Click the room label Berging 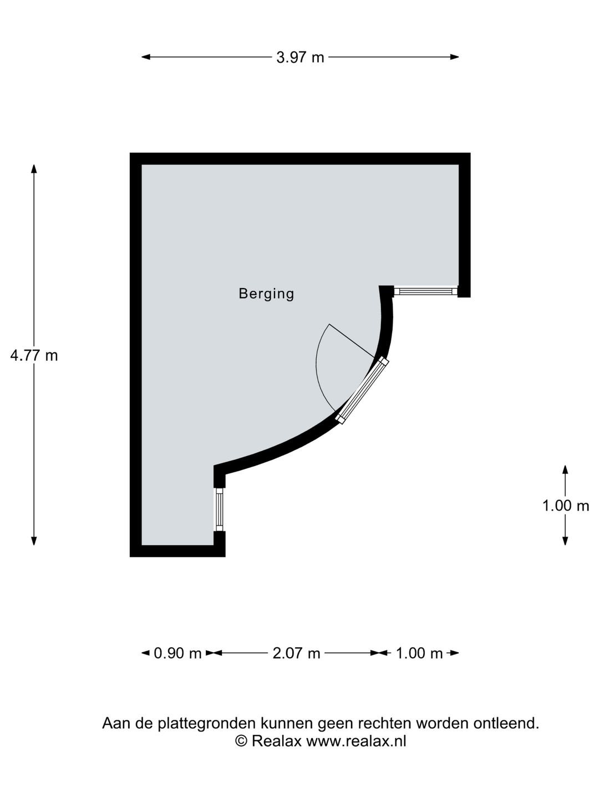tap(266, 294)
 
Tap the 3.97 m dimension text tap(300, 58)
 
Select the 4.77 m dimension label tap(34, 355)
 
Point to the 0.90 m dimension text tap(177, 653)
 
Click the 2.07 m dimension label tap(296, 653)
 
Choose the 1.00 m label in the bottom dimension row tap(419, 653)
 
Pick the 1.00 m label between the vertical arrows tap(566, 505)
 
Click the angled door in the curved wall tap(362, 391)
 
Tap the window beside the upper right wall tap(425, 291)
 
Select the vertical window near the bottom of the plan tap(219, 509)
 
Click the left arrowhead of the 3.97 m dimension tap(145, 57)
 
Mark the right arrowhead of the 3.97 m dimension tap(455, 57)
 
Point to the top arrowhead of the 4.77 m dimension tap(34, 169)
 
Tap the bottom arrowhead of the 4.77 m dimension tap(34, 541)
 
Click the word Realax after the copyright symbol tap(276, 741)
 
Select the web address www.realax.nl tap(356, 741)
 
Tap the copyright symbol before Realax tap(241, 741)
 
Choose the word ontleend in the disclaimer tap(506, 724)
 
